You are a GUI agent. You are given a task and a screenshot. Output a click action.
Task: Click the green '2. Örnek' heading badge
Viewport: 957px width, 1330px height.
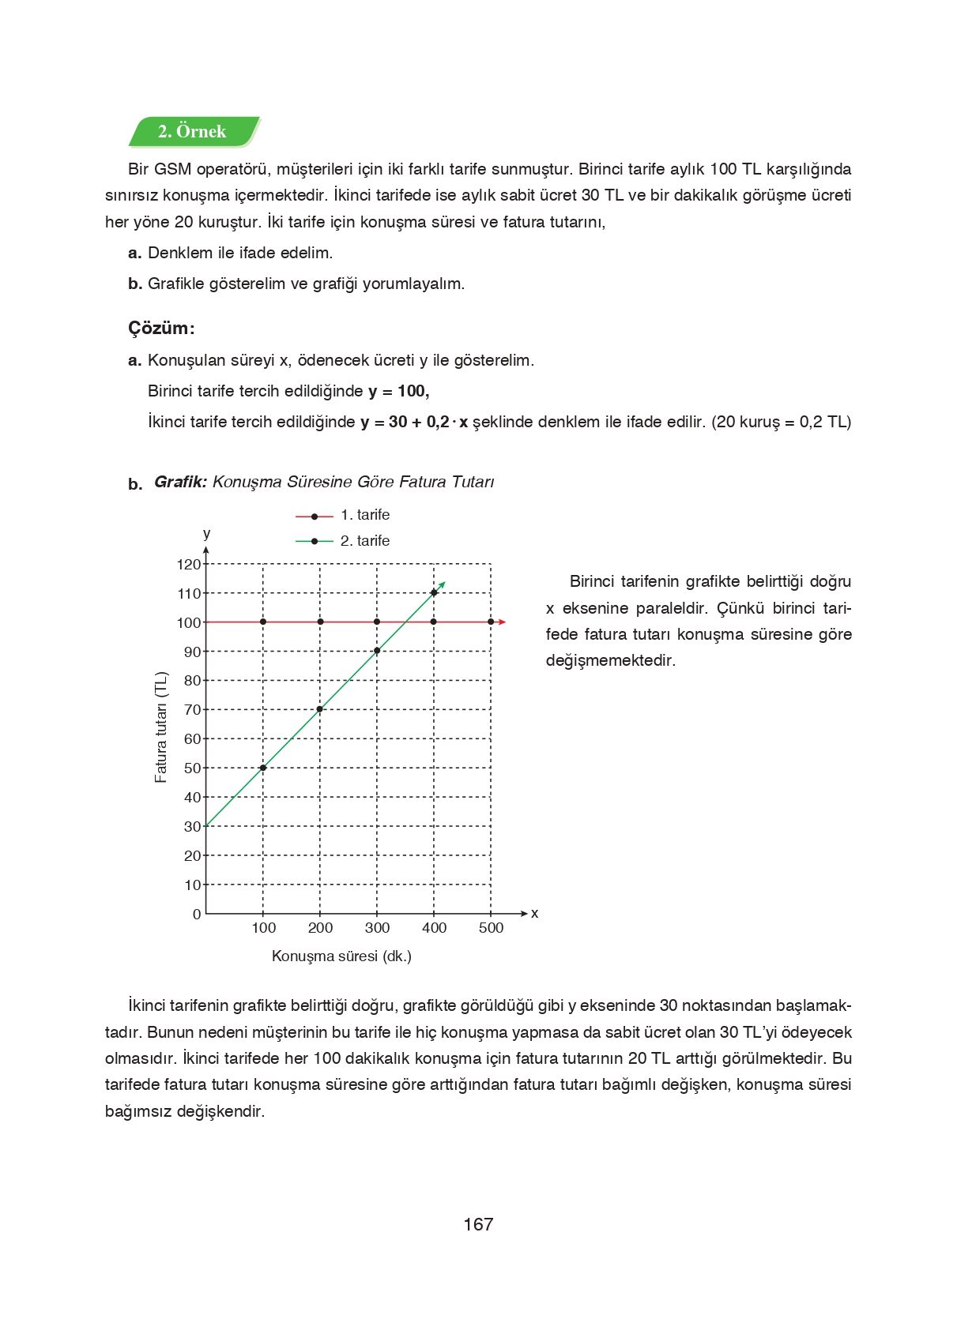click(193, 132)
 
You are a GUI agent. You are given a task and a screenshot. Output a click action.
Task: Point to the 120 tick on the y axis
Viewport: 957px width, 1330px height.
click(189, 565)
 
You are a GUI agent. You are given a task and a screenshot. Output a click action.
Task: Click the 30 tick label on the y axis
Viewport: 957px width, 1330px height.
click(192, 827)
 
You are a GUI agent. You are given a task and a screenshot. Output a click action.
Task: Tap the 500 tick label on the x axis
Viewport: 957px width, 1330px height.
click(491, 928)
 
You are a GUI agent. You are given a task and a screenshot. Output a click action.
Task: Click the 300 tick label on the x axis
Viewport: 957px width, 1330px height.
click(377, 928)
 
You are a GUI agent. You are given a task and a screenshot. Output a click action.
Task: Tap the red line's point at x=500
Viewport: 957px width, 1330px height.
click(491, 622)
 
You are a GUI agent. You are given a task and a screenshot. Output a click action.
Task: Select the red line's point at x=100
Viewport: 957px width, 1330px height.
click(263, 622)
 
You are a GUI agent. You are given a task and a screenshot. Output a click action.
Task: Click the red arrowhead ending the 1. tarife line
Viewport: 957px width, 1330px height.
click(503, 622)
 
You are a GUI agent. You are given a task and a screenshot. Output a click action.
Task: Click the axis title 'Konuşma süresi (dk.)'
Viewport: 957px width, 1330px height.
click(341, 956)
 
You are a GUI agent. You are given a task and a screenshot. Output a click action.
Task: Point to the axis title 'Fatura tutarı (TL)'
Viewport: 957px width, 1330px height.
click(161, 727)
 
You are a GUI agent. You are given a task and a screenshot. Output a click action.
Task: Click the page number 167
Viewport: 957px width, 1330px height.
click(478, 1225)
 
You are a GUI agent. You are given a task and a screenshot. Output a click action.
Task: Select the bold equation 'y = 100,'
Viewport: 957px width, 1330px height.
click(398, 392)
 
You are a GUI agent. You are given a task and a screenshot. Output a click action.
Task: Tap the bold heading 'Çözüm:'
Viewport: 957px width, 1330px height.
click(161, 329)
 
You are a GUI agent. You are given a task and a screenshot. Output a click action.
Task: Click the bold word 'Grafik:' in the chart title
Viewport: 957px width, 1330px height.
click(180, 483)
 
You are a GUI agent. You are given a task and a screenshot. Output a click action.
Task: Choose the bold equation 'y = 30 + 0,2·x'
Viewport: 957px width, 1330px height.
click(414, 423)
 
